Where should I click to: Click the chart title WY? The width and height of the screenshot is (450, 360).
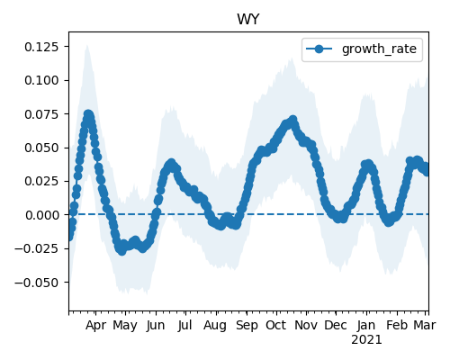pos(247,20)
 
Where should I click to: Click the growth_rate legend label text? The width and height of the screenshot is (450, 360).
pos(379,49)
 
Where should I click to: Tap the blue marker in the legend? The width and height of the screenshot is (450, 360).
pos(319,49)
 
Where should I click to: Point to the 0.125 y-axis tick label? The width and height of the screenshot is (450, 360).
pos(41,47)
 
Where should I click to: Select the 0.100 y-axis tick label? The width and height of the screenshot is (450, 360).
pos(41,80)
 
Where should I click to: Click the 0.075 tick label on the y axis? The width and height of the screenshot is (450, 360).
pos(41,114)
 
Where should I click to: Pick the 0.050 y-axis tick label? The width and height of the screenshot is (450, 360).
pos(41,148)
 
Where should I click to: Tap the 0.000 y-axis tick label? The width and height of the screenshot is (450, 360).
pos(41,215)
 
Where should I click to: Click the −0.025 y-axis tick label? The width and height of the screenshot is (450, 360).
pos(37,248)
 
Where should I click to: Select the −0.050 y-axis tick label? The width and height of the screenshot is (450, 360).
pos(37,283)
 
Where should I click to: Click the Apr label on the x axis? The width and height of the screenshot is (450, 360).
pos(95,326)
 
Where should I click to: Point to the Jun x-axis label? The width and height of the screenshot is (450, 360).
pos(156,326)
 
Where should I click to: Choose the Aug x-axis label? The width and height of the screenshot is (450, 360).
pos(215,326)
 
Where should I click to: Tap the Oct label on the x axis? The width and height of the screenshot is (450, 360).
pos(276,325)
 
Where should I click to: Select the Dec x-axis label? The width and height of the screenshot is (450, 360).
pos(336,325)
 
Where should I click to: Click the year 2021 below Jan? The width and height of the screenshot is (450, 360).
pos(366,340)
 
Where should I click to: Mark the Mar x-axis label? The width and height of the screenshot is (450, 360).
pos(425,325)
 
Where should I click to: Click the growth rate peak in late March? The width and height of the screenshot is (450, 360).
pos(88,114)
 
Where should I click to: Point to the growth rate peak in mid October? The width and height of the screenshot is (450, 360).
pos(293,121)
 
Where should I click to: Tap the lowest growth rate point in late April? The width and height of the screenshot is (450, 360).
pos(121,251)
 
